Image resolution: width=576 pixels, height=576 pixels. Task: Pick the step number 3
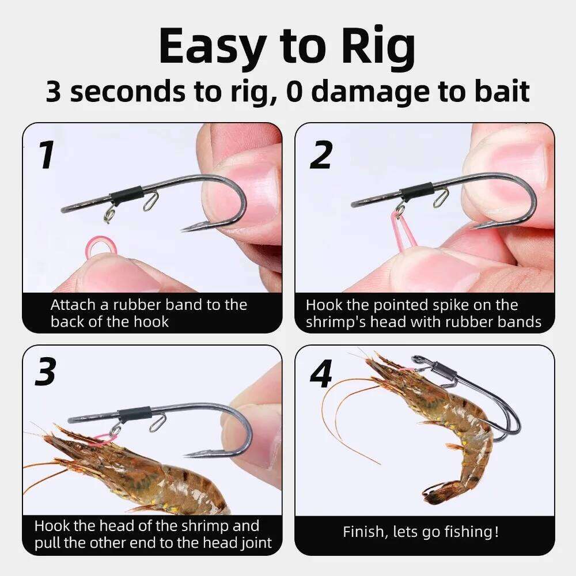(46, 373)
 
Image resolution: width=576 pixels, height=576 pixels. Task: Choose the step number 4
(321, 374)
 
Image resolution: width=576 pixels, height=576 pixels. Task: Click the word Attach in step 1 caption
(69, 305)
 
